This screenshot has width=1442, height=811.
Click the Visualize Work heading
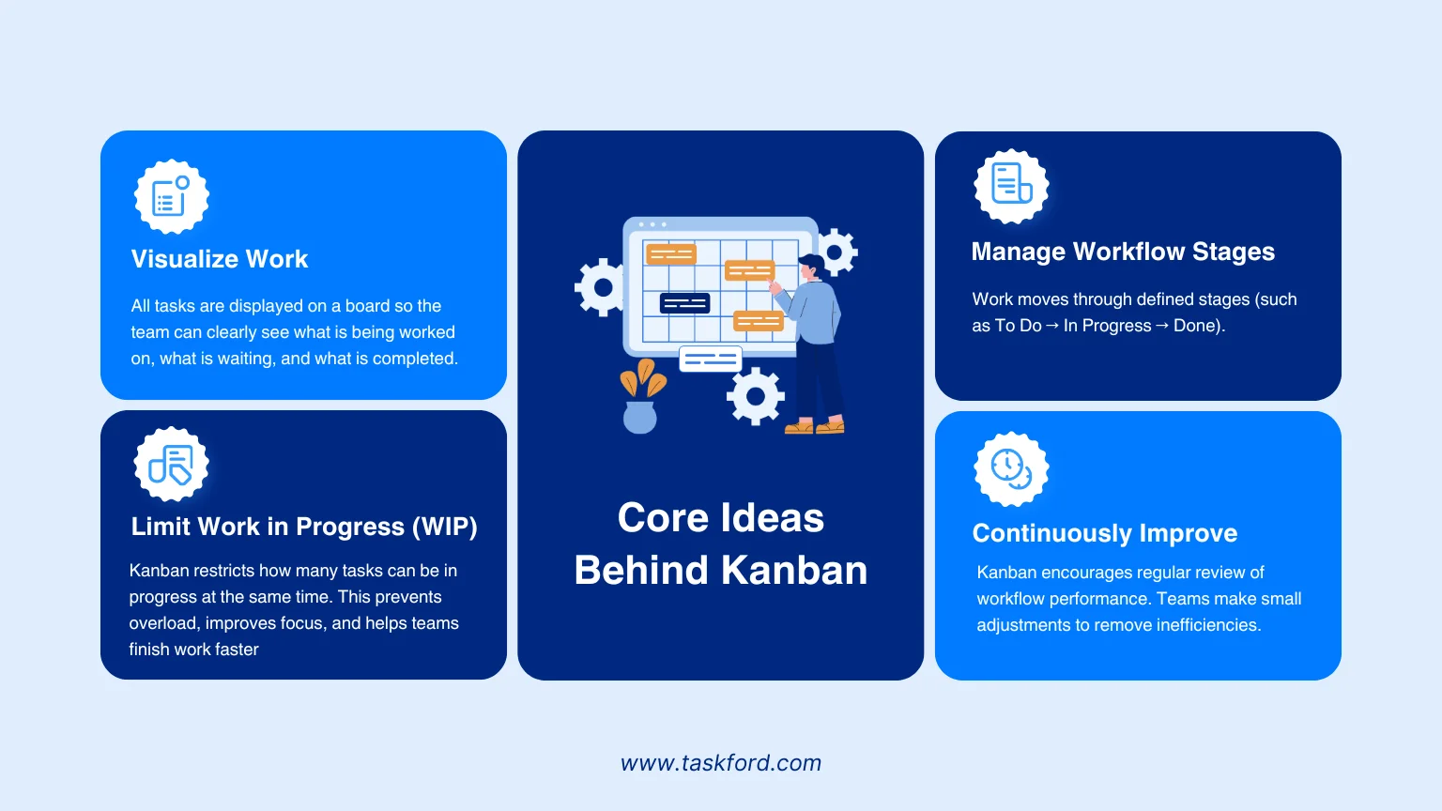tap(220, 259)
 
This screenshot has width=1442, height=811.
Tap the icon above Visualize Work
tap(171, 196)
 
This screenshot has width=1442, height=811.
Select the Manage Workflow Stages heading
tap(1123, 251)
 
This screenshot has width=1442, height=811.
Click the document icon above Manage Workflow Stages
tap(1011, 186)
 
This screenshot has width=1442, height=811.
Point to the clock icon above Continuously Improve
tap(1011, 468)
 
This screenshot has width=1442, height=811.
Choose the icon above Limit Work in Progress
tap(171, 464)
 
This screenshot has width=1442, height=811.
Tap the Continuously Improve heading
tap(1105, 533)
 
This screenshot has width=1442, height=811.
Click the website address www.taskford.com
tap(721, 763)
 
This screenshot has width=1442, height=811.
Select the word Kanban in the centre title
tap(793, 571)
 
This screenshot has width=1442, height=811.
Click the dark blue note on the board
tap(685, 303)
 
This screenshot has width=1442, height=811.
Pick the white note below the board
tap(710, 360)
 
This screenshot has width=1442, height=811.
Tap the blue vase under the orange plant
tap(640, 417)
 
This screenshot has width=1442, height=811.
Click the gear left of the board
tap(601, 288)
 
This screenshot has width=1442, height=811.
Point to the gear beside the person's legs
tap(755, 396)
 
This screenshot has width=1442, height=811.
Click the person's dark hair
tap(812, 264)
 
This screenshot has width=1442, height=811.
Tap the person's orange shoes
tap(814, 427)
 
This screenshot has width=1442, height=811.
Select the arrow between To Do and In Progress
tap(1051, 326)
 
